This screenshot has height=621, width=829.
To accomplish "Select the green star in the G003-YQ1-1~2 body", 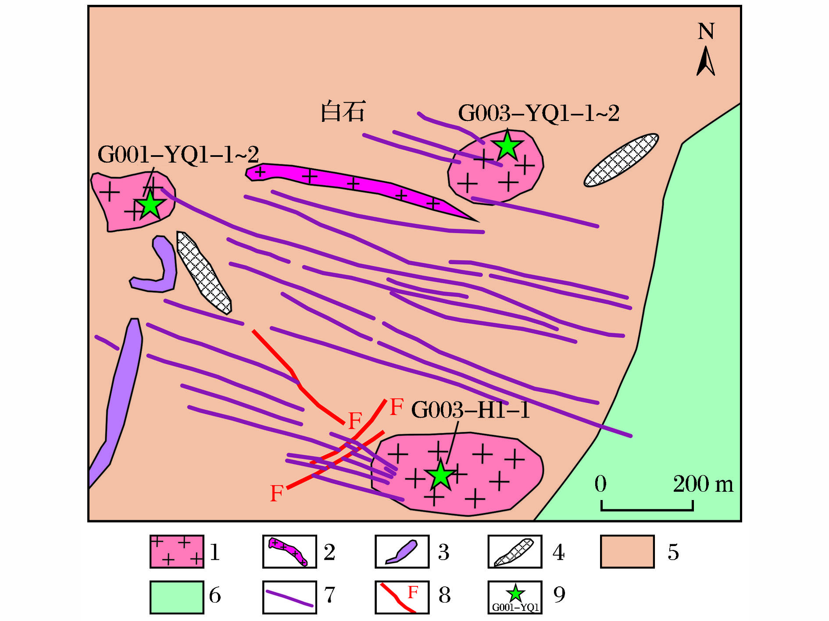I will point(507,145).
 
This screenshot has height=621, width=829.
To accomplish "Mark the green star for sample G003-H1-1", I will point(440,475).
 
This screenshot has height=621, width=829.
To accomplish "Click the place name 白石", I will point(343,111).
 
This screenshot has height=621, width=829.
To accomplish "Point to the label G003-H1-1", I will point(470,410).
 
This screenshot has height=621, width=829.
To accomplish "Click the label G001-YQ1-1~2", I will point(178,155).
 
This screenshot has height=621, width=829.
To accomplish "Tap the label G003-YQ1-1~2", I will point(539,113).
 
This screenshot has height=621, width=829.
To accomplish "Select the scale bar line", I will point(647,509).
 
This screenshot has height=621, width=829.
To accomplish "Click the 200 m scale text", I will point(703,484).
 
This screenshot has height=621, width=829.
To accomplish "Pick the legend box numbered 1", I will point(177,552).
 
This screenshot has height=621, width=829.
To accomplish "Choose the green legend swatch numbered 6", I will point(177,597).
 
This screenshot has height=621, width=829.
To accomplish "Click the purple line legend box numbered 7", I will point(289,597).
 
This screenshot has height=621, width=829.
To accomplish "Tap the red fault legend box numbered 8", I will point(402,597).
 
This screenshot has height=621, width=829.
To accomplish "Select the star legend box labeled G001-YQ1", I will point(515,597).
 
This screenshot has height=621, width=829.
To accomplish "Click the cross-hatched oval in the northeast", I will point(621,160).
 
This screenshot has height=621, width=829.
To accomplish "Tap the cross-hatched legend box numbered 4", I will point(515,552).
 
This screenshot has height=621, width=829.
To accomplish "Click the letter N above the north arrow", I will point(706,32).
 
